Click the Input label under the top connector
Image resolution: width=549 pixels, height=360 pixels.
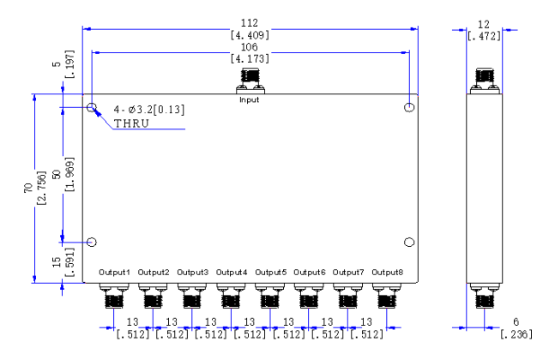pyautogui.click(x=249, y=100)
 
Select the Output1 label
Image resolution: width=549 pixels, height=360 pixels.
pyautogui.click(x=114, y=273)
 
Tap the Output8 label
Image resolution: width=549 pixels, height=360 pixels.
pyautogui.click(x=387, y=273)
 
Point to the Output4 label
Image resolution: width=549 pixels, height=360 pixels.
pyautogui.click(x=232, y=273)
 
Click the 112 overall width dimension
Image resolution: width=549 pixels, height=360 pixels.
pyautogui.click(x=250, y=23)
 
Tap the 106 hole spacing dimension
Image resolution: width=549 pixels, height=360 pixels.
pyautogui.click(x=250, y=47)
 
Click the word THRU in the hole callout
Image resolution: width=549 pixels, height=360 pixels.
pyautogui.click(x=131, y=123)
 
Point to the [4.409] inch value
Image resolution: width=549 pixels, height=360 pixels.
pyautogui.click(x=250, y=35)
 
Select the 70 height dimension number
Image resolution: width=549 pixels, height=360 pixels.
pyautogui.click(x=28, y=188)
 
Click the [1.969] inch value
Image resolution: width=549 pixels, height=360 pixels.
pyautogui.click(x=69, y=174)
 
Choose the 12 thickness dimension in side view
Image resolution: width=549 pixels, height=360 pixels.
pyautogui.click(x=484, y=25)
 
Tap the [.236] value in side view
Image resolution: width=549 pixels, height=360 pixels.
pyautogui.click(x=516, y=334)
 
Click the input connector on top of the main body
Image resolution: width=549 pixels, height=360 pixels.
pyautogui.click(x=250, y=81)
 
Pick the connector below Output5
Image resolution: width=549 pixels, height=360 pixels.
pyautogui.click(x=269, y=296)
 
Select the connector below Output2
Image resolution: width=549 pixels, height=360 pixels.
pyautogui.click(x=153, y=296)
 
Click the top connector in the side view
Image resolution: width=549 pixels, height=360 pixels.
pyautogui.click(x=485, y=81)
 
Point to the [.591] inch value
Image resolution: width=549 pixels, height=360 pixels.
pyautogui.click(x=69, y=262)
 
